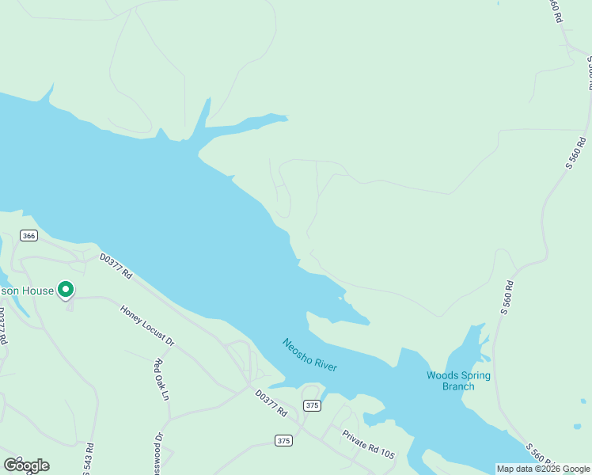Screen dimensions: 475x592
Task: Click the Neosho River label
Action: pos(310,355)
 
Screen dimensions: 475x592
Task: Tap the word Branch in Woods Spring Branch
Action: pos(458,386)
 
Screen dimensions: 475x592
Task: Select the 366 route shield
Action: pos(29,236)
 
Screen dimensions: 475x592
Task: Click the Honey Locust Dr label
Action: pos(147,326)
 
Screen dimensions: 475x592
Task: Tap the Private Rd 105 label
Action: pos(368,446)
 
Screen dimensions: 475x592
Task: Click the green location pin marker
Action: pos(66,291)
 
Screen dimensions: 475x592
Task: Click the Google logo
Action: pos(26,465)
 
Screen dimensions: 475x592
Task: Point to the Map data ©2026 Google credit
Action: pos(543,469)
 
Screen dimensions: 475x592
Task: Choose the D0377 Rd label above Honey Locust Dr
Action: pos(116,266)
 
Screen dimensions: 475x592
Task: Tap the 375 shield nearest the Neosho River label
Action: pos(312,405)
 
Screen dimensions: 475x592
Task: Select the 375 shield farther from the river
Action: pos(283,440)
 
